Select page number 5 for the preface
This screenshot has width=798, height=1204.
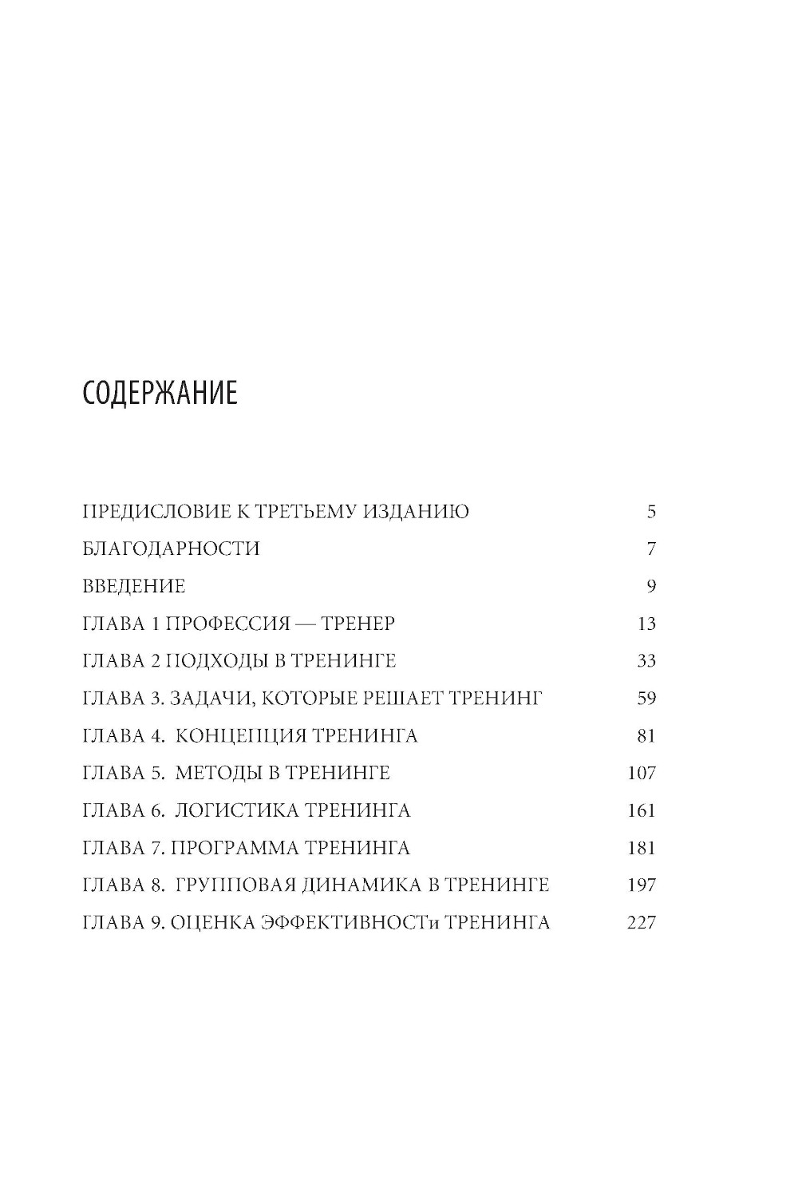(x=651, y=512)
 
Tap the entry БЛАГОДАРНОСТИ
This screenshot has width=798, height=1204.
(x=172, y=549)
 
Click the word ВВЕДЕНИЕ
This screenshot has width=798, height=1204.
(x=134, y=587)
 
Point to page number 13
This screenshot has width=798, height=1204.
(x=646, y=624)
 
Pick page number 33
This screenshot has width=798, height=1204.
(x=646, y=662)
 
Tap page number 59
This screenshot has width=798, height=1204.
(x=646, y=699)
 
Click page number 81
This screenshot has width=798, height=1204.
(x=646, y=736)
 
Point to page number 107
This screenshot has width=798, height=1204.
(x=642, y=774)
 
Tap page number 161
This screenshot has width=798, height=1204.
(x=642, y=811)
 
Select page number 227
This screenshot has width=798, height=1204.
(x=642, y=924)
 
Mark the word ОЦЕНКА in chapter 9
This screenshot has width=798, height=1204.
(x=211, y=924)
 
